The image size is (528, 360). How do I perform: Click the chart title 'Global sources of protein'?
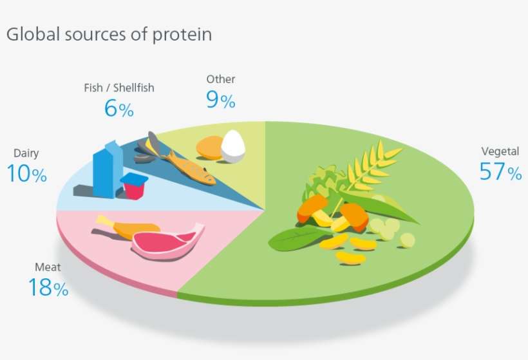pos(109,34)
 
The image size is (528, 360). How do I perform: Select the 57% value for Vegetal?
pos(500,172)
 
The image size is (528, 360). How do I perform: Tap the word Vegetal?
pos(500,153)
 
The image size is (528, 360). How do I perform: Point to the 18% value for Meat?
pos(48,288)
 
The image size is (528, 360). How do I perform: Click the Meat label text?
pos(47,267)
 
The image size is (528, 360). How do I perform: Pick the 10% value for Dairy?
pos(27,174)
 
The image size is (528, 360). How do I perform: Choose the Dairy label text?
pos(26,153)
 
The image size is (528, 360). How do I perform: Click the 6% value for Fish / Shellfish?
pos(118,108)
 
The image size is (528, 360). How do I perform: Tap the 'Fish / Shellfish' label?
pos(119,88)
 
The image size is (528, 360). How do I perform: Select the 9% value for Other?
pos(220,100)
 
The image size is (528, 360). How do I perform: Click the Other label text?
pos(220,80)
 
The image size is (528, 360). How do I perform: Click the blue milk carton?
pos(107,169)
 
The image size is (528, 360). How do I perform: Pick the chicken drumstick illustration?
pos(126,226)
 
